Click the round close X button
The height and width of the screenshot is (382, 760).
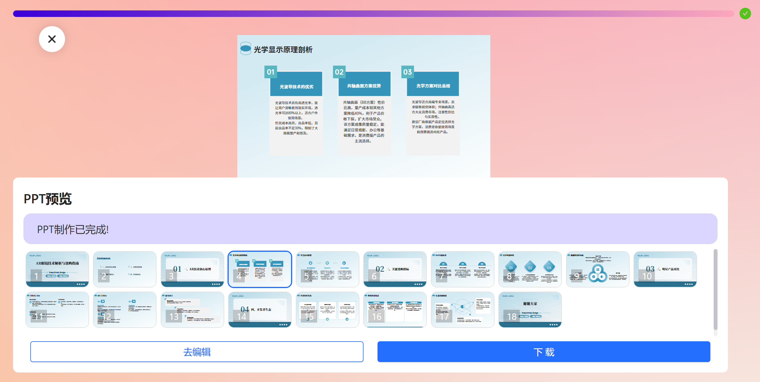[x=52, y=39]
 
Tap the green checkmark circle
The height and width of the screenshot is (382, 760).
[x=745, y=14]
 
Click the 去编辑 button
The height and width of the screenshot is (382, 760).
[x=197, y=352]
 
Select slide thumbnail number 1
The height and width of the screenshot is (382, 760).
[x=57, y=269]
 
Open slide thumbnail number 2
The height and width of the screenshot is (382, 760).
[x=125, y=269]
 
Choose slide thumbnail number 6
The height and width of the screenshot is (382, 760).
[x=395, y=269]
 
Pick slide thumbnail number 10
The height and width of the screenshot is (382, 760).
[x=665, y=269]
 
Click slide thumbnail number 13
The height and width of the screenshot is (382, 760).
[x=192, y=310]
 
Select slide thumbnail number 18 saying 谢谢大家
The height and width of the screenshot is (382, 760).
[x=530, y=310]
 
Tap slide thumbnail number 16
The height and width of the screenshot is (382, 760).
[x=395, y=310]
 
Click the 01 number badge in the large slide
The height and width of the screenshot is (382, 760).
[x=271, y=72]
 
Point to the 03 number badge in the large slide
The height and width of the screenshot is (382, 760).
[x=407, y=72]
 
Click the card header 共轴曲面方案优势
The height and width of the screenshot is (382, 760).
[x=364, y=86]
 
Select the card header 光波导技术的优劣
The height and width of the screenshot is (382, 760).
[x=296, y=87]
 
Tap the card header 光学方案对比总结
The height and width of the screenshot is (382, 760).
[x=433, y=86]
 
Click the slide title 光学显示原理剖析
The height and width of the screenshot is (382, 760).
[x=283, y=50]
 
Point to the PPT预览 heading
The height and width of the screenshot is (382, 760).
[x=48, y=199]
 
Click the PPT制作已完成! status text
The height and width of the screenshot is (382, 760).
[x=73, y=229]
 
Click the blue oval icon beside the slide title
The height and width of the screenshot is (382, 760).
[x=246, y=48]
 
